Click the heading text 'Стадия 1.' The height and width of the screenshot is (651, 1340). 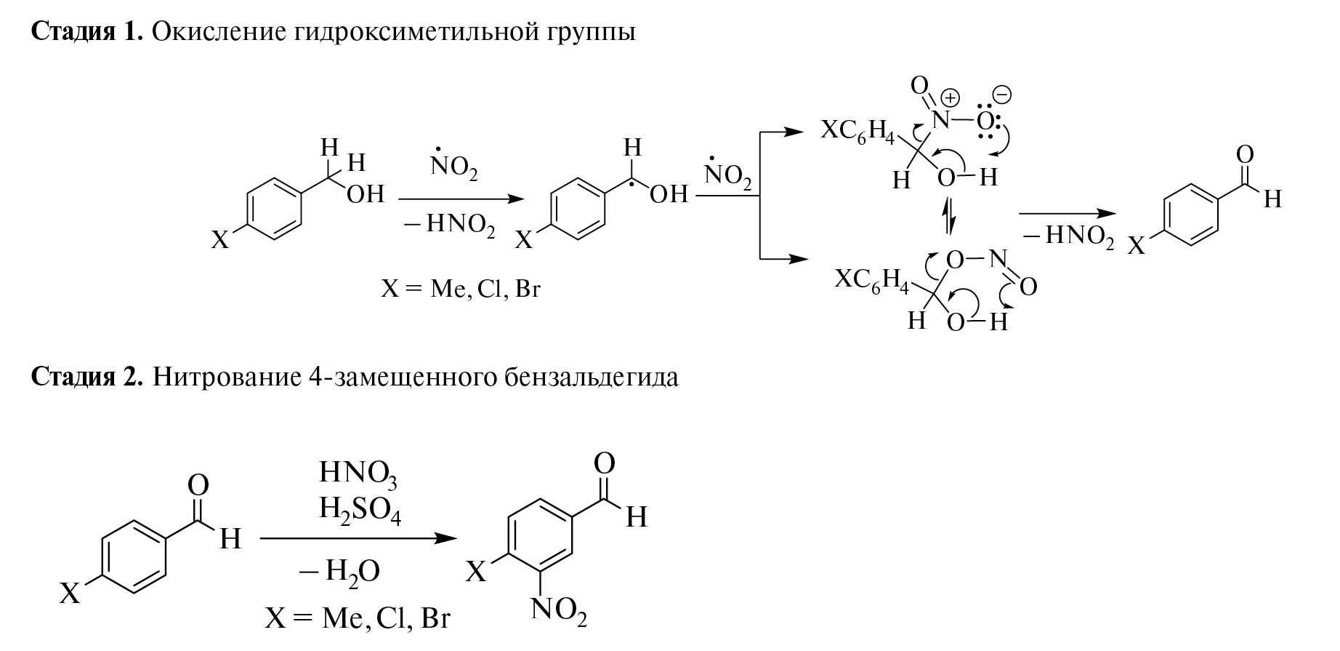[x=86, y=32]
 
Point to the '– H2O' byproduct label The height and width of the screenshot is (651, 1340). [x=340, y=571]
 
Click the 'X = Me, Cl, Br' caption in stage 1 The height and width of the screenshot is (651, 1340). [x=461, y=289]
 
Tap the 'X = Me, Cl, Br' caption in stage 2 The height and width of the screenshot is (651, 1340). [x=358, y=618]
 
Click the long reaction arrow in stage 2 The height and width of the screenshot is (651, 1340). [x=359, y=539]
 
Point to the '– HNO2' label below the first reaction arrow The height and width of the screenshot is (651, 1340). [x=450, y=225]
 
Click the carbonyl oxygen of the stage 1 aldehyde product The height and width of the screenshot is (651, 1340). [x=1244, y=154]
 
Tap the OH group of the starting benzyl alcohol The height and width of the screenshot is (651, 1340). [x=365, y=194]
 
